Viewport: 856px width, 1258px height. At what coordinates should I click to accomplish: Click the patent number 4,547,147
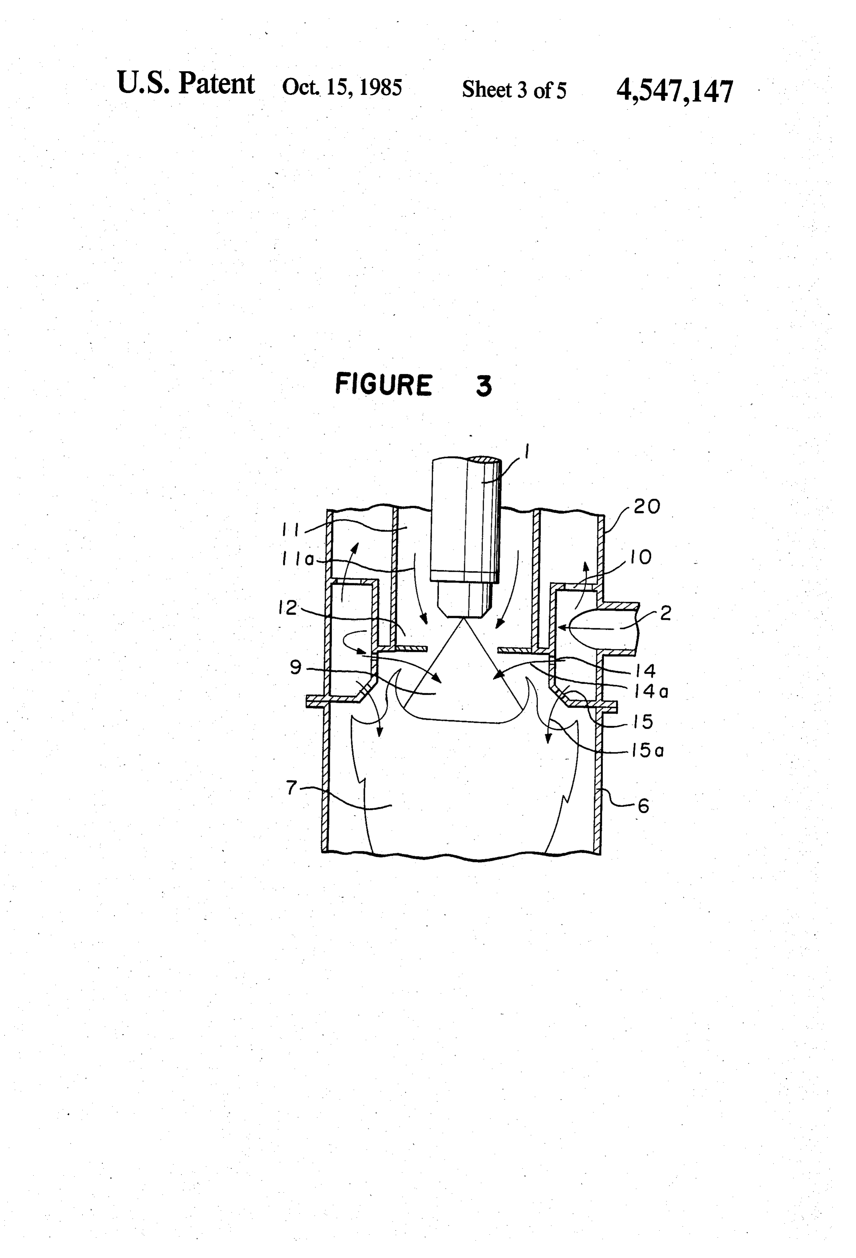(x=675, y=91)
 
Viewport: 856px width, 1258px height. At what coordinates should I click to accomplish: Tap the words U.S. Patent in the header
(x=186, y=83)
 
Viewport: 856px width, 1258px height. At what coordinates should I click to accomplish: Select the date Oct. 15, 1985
(x=342, y=87)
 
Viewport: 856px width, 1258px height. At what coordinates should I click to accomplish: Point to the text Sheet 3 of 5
(x=514, y=90)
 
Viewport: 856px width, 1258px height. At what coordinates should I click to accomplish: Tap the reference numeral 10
(x=641, y=557)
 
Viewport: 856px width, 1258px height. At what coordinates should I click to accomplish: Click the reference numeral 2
(x=666, y=613)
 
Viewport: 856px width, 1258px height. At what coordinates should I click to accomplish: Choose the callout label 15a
(x=647, y=751)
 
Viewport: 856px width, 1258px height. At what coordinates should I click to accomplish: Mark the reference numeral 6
(x=643, y=807)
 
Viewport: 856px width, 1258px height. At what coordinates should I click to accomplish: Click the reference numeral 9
(x=296, y=667)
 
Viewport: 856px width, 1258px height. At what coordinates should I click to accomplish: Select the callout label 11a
(x=298, y=560)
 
